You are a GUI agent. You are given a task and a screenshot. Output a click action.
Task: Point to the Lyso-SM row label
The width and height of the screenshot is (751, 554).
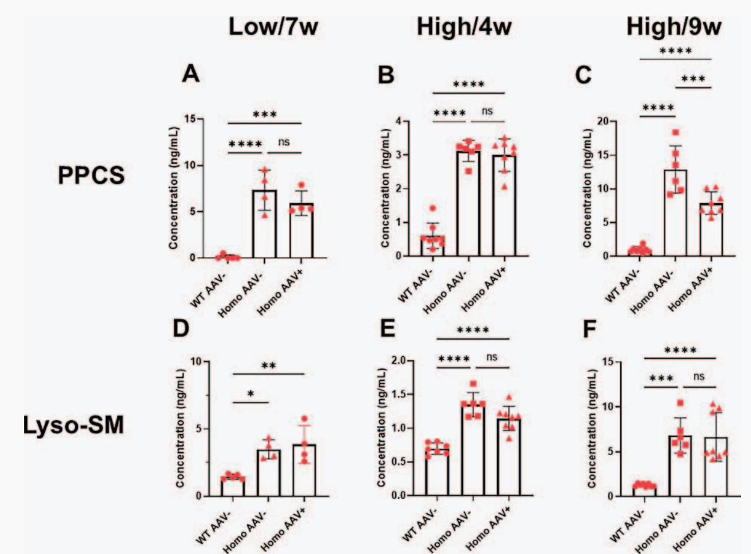pos(73,426)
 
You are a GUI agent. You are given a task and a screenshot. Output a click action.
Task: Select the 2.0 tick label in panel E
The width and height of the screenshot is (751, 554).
pos(401,360)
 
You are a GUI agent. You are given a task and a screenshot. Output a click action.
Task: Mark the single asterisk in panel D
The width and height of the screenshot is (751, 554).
pos(251,392)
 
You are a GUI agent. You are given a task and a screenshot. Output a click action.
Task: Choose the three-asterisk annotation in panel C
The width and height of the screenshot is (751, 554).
pos(693,79)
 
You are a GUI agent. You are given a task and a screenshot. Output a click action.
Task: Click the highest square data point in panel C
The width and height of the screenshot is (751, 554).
pos(676,132)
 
